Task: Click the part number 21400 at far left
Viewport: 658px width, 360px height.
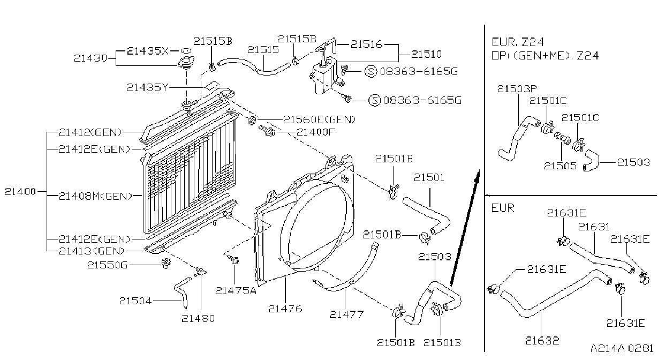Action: click(x=20, y=192)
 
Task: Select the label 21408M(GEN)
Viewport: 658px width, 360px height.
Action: click(x=96, y=196)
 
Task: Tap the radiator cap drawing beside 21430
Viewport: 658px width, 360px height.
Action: click(x=185, y=62)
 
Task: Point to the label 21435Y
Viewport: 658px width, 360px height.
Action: click(x=147, y=87)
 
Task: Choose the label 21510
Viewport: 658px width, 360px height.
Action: click(x=426, y=54)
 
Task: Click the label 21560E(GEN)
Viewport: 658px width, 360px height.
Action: click(x=319, y=119)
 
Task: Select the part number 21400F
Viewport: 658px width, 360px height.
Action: click(x=315, y=132)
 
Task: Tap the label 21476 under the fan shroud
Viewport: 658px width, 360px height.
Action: click(x=285, y=309)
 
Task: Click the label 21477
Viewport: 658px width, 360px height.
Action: click(x=346, y=315)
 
